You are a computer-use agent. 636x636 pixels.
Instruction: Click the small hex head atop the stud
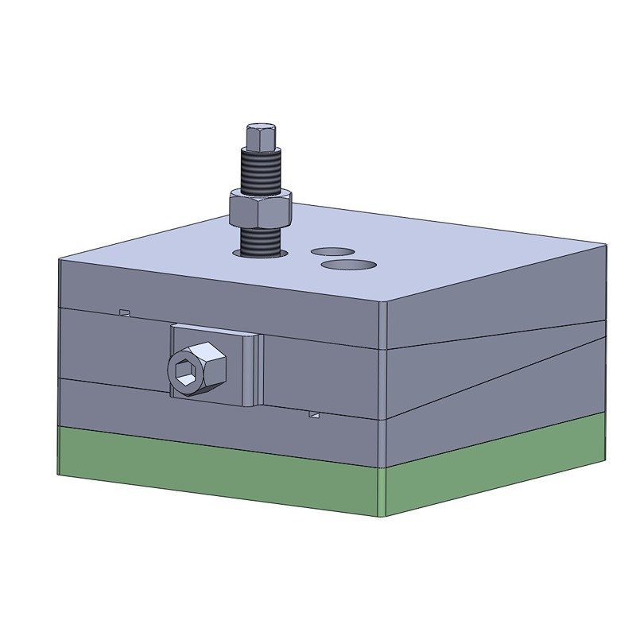pyautogui.click(x=262, y=138)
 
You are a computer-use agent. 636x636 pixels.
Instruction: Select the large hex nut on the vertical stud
pyautogui.click(x=260, y=208)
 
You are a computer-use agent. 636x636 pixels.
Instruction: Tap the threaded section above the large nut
pyautogui.click(x=260, y=173)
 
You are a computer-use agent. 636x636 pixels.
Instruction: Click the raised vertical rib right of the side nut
pyautogui.click(x=254, y=370)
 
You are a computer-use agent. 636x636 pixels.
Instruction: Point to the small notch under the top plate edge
pyautogui.click(x=124, y=312)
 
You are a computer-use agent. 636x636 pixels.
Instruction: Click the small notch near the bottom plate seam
pyautogui.click(x=315, y=414)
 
